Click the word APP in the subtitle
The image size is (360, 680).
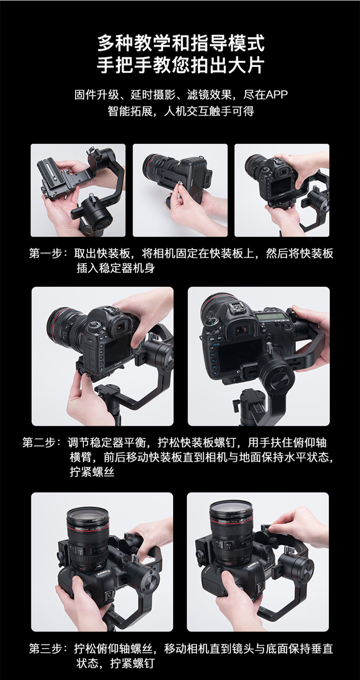277,95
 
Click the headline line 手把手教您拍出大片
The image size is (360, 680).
180,65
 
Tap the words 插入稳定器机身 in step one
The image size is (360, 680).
115,268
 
